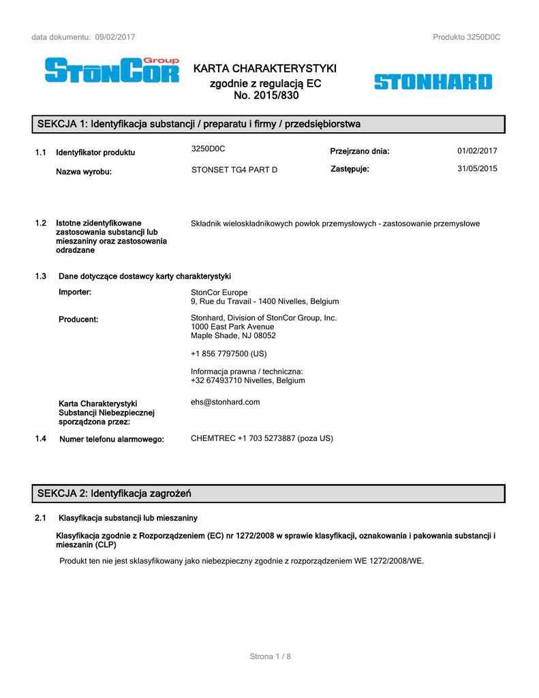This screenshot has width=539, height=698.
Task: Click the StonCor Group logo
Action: (x=112, y=71)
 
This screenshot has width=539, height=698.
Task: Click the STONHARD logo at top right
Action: (x=433, y=82)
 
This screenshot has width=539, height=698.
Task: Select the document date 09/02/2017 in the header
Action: (x=115, y=37)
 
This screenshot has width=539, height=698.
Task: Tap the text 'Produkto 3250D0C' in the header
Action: (x=466, y=37)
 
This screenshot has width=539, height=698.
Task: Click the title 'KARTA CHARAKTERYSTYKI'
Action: (x=265, y=69)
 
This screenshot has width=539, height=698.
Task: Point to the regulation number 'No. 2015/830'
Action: (x=266, y=95)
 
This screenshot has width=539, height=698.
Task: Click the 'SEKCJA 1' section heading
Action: (x=198, y=124)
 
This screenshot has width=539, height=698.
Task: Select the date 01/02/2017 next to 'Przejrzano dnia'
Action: (x=477, y=151)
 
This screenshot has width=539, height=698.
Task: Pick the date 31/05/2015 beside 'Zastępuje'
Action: (x=477, y=169)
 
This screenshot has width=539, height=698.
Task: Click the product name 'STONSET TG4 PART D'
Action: (x=234, y=170)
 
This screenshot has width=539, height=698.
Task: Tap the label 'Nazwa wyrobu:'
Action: (x=84, y=172)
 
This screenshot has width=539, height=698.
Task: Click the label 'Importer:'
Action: (x=75, y=292)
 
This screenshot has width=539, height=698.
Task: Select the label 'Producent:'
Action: (x=78, y=319)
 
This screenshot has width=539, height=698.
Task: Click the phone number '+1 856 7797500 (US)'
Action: (x=229, y=354)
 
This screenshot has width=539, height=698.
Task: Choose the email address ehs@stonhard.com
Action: (x=226, y=402)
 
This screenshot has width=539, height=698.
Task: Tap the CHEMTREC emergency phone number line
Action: (x=262, y=438)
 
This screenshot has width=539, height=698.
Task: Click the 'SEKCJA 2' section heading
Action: (x=114, y=493)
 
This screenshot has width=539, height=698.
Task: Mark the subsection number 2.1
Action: (x=40, y=518)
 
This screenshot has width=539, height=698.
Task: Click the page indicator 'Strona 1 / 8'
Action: (x=270, y=656)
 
